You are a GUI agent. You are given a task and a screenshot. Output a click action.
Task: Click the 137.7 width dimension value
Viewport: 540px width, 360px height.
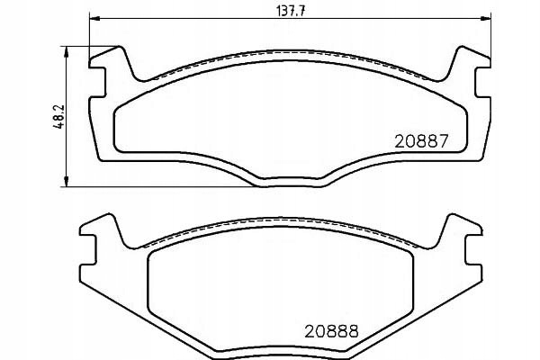(x=291, y=11)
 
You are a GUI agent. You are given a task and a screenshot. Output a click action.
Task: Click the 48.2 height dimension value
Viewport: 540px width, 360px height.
(x=58, y=117)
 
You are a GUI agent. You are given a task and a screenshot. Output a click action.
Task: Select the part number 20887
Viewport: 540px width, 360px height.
(x=422, y=141)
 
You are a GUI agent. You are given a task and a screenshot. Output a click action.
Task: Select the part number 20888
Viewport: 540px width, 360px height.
(x=331, y=331)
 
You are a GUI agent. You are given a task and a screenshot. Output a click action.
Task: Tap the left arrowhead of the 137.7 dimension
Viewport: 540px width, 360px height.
(x=94, y=18)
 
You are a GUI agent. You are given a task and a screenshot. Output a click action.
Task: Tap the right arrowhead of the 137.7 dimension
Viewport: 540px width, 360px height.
(x=486, y=18)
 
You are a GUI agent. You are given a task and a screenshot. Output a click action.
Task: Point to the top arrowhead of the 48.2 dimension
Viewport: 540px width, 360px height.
(x=67, y=51)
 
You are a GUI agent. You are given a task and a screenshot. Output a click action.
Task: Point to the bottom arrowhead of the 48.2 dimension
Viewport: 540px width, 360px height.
(x=67, y=182)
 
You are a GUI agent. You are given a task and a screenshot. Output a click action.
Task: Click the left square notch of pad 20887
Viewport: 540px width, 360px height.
(x=97, y=82)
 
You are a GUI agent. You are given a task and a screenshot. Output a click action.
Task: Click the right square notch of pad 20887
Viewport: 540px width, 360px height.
(x=482, y=82)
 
